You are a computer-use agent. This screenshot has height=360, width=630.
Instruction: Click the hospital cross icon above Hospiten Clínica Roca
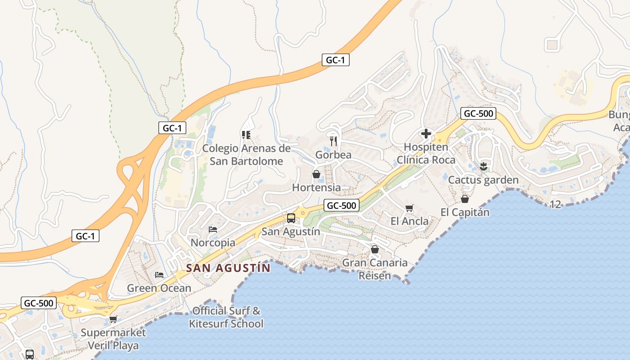[426, 134]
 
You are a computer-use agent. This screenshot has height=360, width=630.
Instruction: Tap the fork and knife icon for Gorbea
[333, 141]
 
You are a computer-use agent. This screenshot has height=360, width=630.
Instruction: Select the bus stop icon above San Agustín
[291, 218]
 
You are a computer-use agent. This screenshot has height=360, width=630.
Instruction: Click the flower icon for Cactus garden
[484, 166]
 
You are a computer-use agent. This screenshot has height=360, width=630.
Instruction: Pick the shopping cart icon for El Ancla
[409, 208]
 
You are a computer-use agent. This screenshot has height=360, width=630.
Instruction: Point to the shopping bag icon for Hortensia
[316, 174]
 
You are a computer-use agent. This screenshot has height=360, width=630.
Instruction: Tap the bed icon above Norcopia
[213, 229]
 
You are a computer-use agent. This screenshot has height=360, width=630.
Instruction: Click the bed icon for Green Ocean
[159, 274]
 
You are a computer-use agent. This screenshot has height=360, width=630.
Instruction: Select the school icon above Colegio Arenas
[246, 135]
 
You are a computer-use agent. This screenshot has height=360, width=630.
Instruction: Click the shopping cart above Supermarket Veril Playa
[113, 319]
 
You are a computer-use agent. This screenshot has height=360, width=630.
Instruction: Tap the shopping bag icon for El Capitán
[465, 198]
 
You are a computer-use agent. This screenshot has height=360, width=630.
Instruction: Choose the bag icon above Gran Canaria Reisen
[375, 249]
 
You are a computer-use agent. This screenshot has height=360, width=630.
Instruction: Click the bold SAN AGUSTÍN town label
[229, 268]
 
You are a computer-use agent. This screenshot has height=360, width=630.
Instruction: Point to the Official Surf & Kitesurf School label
[226, 317]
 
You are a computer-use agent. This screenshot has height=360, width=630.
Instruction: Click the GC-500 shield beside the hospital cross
[478, 113]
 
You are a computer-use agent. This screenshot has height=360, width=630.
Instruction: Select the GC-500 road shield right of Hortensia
[342, 206]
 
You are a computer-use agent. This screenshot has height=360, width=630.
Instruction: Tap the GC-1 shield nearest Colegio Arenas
[172, 128]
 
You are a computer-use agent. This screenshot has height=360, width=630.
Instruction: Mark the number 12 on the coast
[556, 204]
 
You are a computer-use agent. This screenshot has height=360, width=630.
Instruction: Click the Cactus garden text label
[483, 180]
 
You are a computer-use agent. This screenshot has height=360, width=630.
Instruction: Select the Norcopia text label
[213, 243]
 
